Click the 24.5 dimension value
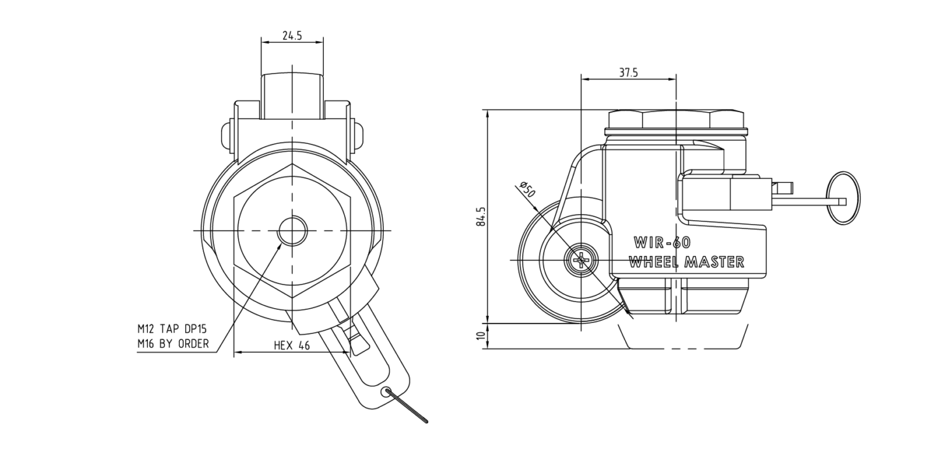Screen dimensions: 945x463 click(292, 36)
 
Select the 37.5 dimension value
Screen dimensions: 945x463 click(629, 73)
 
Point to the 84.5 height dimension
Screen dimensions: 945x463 click(482, 216)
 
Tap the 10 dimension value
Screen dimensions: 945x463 click(481, 336)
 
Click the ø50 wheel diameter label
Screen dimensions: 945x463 click(527, 189)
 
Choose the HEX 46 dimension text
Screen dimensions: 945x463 click(291, 346)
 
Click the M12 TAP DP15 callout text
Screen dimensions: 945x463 click(172, 329)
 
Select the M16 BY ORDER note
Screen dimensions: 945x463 click(173, 344)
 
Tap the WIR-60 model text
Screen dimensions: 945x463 click(662, 242)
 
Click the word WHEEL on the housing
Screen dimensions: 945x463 click(654, 262)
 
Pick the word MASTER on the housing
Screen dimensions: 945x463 click(715, 262)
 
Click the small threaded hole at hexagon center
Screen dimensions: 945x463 click(292, 231)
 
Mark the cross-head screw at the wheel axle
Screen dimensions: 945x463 click(581, 260)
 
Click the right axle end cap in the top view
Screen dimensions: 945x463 click(358, 136)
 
